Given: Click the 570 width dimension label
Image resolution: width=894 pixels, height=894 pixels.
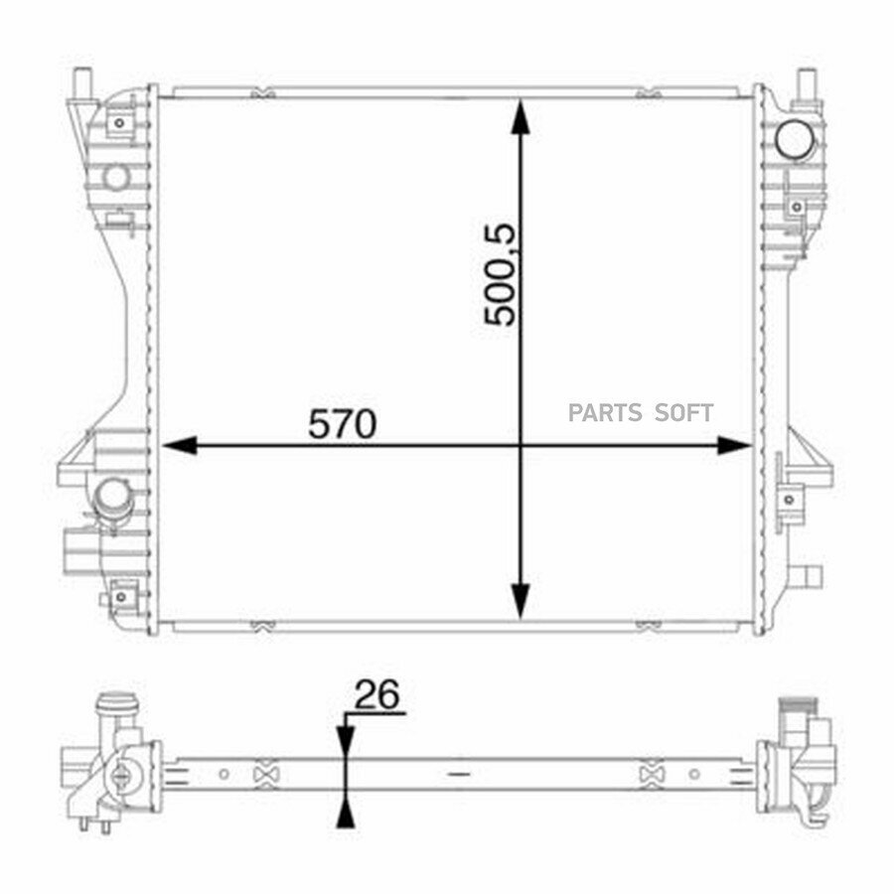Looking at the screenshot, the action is pos(342,423).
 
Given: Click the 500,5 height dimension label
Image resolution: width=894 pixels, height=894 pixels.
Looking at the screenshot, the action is pos(500,275).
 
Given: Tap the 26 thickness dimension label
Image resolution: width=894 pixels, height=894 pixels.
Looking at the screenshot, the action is pos(377,695).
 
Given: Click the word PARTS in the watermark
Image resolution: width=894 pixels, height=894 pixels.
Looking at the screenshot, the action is pos(605,413).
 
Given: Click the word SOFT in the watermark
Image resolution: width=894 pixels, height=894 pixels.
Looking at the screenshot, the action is pos(683,413).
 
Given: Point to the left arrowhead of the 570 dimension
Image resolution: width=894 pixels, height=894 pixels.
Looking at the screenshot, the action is pos(180,445).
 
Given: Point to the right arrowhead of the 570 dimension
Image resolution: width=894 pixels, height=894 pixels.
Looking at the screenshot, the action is pos(734,445).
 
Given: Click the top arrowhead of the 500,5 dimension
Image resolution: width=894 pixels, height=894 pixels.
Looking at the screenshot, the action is pos(520,117).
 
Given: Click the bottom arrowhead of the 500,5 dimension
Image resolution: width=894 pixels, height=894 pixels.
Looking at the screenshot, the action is pos(520,601).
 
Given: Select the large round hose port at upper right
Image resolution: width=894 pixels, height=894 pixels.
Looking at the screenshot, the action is pos(796,140).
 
